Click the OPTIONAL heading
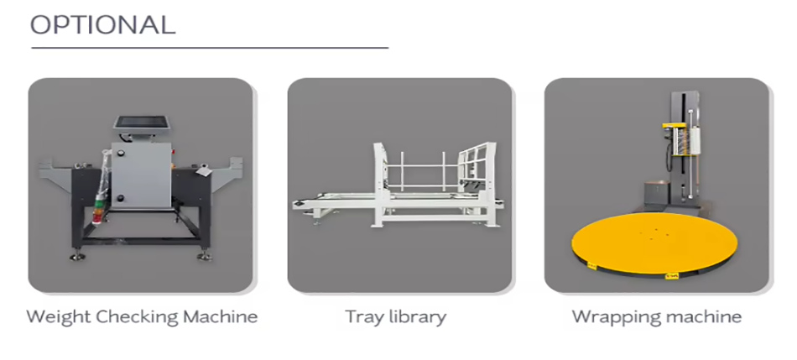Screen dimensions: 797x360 (102, 25)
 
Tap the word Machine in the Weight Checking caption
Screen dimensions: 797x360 (221, 316)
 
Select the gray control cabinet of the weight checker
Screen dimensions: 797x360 (141, 175)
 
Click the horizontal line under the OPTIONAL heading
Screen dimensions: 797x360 (210, 48)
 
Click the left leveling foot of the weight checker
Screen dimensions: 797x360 (76, 255)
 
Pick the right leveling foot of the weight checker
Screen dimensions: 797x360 (205, 255)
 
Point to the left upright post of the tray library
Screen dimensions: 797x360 (379, 184)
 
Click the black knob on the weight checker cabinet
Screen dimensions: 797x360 (121, 198)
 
